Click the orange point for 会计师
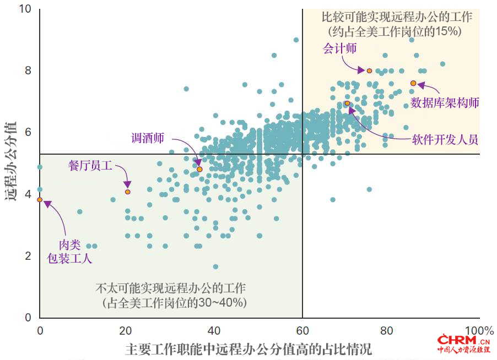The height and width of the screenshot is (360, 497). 369,70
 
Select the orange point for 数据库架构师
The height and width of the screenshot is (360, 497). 413,83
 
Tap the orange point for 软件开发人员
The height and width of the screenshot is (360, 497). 347,103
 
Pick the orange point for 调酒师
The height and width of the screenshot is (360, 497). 199,169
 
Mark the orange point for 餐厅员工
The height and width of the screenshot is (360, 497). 128,192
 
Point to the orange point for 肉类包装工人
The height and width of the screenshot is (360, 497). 40,200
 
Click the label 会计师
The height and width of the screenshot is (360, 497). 339,48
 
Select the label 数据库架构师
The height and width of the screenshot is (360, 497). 445,103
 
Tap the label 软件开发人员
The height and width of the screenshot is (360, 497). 445,139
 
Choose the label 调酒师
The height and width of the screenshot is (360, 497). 147,138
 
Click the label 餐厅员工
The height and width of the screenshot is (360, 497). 90,165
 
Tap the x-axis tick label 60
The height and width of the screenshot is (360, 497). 302,331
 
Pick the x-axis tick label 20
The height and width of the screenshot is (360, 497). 127,331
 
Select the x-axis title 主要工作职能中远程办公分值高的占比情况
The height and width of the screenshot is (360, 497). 248,349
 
